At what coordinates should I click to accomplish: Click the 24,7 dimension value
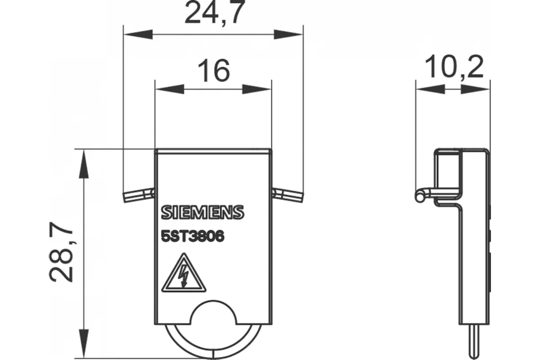coord(215,13)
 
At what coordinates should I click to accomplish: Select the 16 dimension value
coord(214,71)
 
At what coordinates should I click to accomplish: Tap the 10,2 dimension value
coord(454,67)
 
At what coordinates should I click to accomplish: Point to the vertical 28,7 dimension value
coord(61,252)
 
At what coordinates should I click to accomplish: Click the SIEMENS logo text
coord(202,212)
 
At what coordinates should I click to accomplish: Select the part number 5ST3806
coord(193,236)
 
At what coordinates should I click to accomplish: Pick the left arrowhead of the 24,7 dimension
coord(138,35)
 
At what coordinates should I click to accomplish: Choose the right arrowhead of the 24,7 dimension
coord(288,35)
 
